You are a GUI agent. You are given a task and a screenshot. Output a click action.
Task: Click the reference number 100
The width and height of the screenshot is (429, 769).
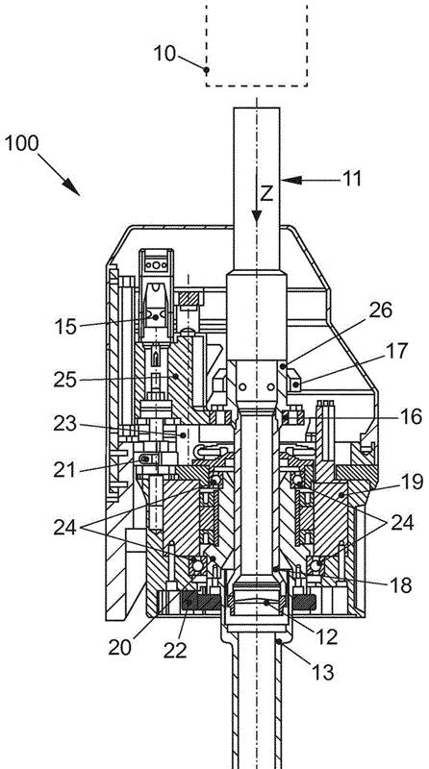tap(21, 143)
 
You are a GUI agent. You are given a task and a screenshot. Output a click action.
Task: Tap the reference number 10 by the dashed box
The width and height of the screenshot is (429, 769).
tap(164, 54)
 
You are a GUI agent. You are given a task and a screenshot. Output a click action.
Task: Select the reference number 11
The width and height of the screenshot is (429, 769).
tap(351, 179)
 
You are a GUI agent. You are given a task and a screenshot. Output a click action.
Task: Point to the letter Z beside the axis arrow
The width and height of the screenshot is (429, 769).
tap(266, 194)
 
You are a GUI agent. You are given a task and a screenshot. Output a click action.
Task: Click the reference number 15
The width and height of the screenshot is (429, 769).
tap(65, 327)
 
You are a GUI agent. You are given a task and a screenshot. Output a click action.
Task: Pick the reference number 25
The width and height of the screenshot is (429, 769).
tap(65, 380)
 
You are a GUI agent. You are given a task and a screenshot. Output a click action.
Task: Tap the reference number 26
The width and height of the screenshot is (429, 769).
tap(380, 310)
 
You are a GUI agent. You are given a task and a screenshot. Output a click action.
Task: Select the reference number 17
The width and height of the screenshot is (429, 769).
tap(396, 351)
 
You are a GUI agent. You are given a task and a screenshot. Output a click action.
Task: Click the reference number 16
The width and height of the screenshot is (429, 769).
tap(411, 417)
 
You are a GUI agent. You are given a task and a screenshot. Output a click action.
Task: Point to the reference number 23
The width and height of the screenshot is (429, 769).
tap(65, 424)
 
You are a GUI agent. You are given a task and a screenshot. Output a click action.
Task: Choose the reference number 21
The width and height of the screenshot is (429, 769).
tap(64, 470)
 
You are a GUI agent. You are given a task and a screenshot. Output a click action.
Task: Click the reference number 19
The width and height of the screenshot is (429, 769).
tap(412, 483)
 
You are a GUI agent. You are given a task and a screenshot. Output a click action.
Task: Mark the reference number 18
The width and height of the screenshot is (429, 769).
tap(400, 585)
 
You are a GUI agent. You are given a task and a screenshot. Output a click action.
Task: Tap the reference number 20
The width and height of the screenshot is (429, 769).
tap(120, 648)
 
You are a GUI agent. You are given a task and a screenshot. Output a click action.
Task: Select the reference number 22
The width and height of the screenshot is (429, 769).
tap(175, 651)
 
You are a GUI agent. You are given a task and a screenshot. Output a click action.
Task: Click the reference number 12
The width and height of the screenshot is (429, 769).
tap(326, 637)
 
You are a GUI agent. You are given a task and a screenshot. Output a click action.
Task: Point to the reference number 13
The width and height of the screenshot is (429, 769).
tap(323, 672)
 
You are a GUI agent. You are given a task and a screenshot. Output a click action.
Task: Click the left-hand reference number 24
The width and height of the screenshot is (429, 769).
tap(65, 528)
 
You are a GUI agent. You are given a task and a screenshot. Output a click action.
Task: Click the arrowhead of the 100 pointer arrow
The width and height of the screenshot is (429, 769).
tap(72, 187)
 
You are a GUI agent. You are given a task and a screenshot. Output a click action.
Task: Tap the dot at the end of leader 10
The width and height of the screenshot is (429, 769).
tap(207, 70)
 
